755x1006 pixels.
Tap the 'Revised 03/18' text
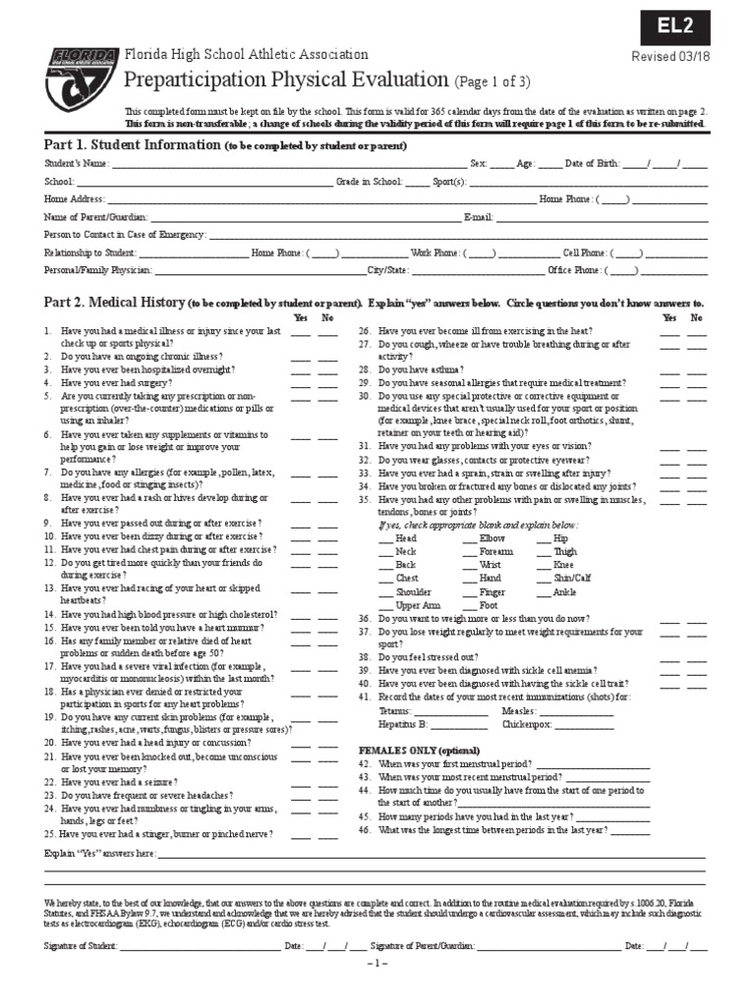click(x=672, y=56)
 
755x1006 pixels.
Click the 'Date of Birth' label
click(x=592, y=163)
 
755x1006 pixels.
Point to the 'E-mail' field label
click(x=478, y=216)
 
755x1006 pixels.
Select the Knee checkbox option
click(x=563, y=565)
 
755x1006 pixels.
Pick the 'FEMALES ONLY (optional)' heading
click(x=413, y=750)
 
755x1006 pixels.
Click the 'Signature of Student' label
click(x=80, y=945)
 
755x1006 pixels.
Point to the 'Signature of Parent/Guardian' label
click(x=424, y=945)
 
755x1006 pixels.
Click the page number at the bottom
click(x=378, y=964)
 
